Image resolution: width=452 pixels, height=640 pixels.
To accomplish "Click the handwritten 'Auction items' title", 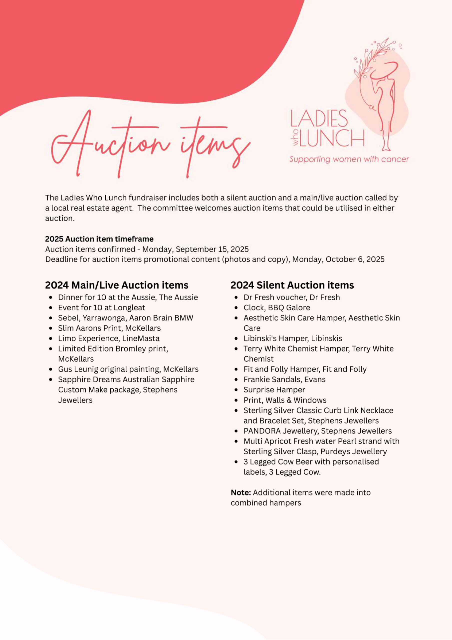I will click(x=150, y=145).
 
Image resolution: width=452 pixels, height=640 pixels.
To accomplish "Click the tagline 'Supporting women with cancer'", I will click(x=349, y=159).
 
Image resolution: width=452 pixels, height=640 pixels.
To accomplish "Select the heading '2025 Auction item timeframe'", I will click(x=99, y=239).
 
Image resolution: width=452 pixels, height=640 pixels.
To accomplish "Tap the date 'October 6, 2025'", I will click(x=355, y=259).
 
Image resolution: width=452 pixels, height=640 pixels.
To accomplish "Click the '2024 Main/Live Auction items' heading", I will click(x=117, y=285).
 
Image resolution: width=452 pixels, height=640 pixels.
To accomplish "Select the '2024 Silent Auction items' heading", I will click(x=292, y=285).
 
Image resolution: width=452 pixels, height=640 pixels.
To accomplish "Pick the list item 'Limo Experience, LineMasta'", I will click(x=109, y=338).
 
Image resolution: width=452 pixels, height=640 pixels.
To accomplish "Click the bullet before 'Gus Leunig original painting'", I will click(x=50, y=369).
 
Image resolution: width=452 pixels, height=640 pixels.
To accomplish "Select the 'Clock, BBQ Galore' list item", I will click(x=276, y=307).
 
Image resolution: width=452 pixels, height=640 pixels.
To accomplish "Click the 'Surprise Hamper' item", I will click(x=274, y=390).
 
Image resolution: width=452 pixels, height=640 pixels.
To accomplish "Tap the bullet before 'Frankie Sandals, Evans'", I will click(x=236, y=380).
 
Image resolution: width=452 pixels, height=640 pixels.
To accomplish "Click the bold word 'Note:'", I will click(x=241, y=492).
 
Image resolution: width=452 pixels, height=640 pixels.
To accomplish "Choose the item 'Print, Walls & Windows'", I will click(x=285, y=400).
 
